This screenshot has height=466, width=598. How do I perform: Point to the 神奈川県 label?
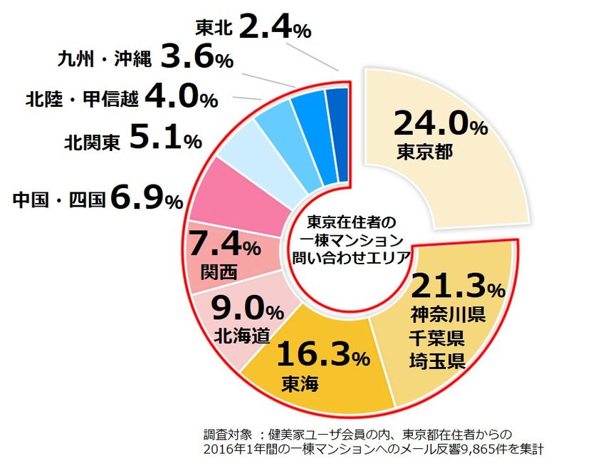pos(448,314)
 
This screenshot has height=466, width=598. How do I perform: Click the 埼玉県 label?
pos(438,361)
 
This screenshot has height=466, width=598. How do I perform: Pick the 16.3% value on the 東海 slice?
pos(324,354)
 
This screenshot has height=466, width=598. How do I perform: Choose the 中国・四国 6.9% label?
pos(98,200)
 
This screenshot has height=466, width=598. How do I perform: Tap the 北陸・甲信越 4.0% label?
pos(121,98)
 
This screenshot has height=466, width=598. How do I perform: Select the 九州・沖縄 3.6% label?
pos(145,58)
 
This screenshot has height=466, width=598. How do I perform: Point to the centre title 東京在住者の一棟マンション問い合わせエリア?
pos(347,239)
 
